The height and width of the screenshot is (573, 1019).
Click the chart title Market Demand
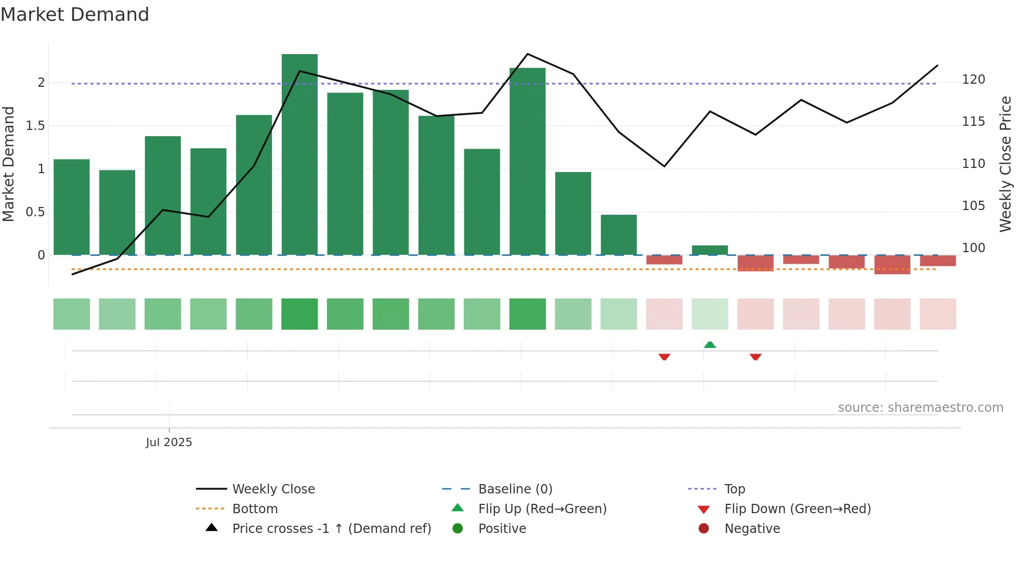point(75,15)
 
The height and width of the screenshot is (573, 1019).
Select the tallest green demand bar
point(299,156)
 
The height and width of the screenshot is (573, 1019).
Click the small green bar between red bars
point(710,250)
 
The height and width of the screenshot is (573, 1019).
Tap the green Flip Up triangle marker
point(710,345)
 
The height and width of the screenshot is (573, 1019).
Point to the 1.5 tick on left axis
point(35,126)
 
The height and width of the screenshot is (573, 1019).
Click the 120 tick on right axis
point(973,80)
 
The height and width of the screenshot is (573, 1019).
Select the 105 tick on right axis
point(973,206)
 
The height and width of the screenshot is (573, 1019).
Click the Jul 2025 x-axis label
point(169,442)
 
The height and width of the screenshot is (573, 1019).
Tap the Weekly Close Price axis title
point(1005,164)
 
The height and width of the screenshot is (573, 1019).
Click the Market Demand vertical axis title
point(9,164)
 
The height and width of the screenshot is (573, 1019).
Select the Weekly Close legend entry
point(273,489)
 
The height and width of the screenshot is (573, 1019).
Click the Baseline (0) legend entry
point(515,489)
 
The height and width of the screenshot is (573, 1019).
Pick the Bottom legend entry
point(255,509)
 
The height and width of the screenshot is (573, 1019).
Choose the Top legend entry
point(734,489)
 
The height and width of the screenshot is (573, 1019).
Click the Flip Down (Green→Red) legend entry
point(797,509)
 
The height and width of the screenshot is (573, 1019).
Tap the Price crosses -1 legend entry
point(331,528)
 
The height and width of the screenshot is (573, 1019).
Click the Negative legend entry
point(752,528)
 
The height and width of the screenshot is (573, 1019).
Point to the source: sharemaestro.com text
point(920,407)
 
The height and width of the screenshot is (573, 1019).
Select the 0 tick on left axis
point(41,255)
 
